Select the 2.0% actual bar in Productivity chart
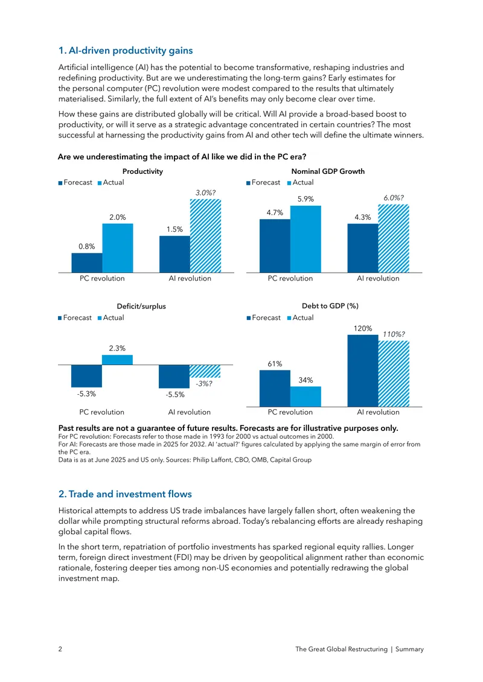118,248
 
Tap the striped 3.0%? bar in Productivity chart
205,236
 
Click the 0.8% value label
86,246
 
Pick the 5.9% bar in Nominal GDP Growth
305,239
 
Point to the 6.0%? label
394,198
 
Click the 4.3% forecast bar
362,248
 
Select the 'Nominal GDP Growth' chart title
328,171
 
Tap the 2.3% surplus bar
117,360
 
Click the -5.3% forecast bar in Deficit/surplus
86,376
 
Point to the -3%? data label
204,384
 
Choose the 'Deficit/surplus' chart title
141,306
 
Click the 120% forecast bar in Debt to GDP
362,371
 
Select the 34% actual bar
305,397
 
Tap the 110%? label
394,334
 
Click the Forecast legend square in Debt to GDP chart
249,318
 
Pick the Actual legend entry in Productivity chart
111,183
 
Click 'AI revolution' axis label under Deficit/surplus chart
190,412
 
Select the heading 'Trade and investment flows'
126,494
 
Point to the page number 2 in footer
60,649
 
